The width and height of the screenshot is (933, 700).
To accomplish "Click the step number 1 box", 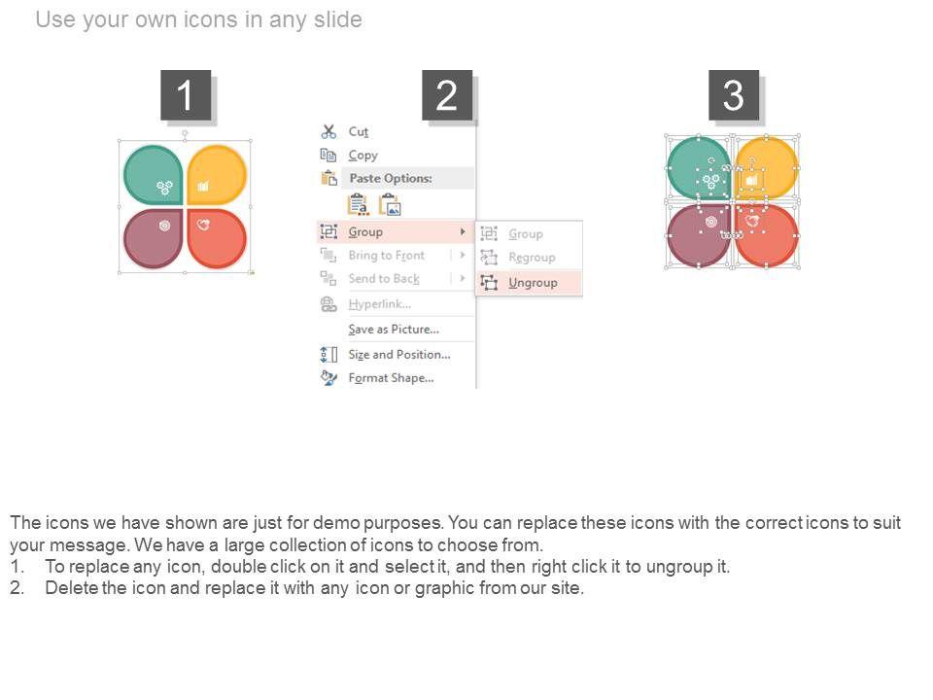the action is coord(186,94).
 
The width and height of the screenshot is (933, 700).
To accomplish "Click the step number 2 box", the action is coord(447,94).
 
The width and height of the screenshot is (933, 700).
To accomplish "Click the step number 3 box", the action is coord(734,94).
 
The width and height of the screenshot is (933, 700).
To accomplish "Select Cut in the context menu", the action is coord(359,131).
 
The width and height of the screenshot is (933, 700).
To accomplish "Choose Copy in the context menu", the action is coord(363,156).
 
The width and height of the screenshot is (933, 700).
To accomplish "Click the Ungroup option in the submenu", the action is coord(533,283).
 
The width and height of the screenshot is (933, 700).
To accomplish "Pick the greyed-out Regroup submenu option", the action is coord(532,257).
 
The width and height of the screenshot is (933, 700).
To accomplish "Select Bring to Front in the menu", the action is coord(386,256).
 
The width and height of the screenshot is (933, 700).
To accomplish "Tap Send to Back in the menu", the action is coord(384,279).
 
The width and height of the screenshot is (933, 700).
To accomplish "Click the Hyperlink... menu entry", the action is coord(380,304).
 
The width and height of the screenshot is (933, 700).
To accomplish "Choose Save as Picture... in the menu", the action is coord(394,330).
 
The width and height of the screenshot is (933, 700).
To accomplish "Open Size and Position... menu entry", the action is coord(399,354).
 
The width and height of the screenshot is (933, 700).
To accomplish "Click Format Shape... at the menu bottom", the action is coord(391,378).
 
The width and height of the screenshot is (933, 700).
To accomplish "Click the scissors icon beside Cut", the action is coord(328,131).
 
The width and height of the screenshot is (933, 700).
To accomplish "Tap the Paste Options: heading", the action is coord(391,178).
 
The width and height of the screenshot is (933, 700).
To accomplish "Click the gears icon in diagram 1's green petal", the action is coord(164,188).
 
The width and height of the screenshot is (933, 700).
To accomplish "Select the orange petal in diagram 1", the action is coord(217,174).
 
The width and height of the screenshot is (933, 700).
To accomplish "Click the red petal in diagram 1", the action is coord(217,238).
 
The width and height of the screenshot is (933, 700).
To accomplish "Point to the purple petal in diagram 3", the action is coord(699,236).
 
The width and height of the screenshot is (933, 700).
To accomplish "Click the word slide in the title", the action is coord(337,19).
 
